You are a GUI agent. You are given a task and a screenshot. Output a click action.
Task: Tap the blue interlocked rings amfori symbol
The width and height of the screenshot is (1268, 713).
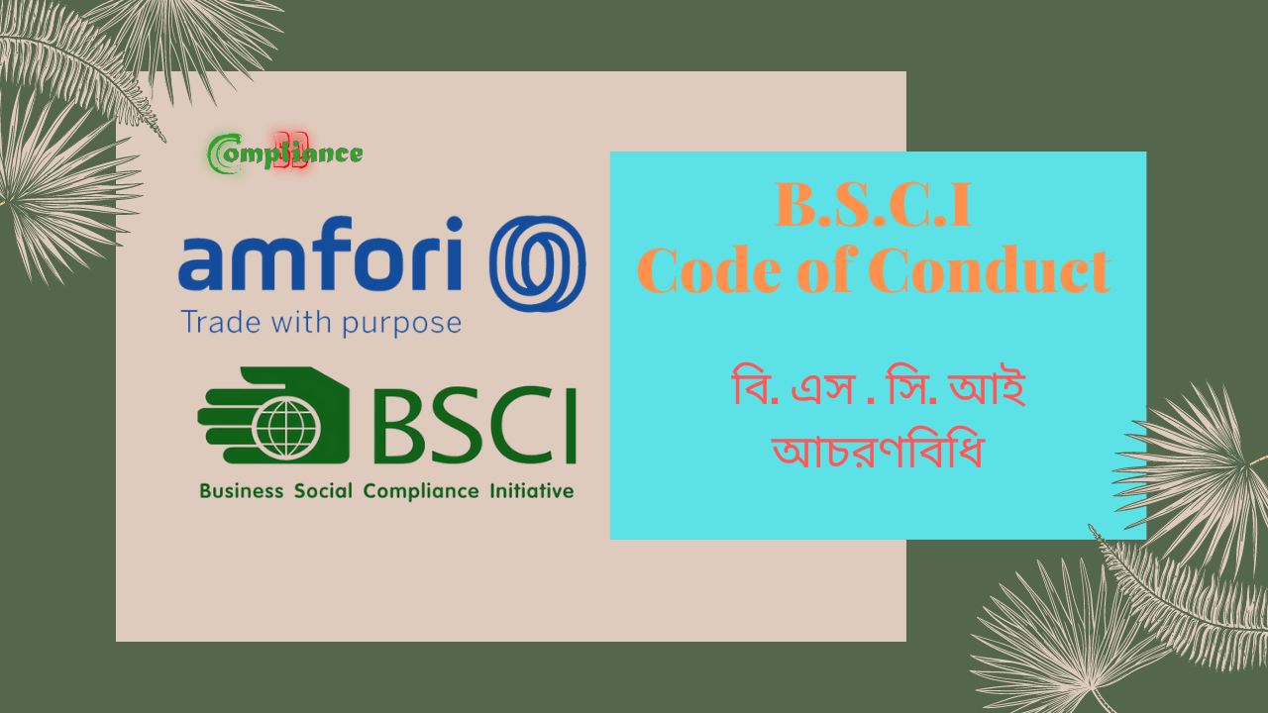(538, 263)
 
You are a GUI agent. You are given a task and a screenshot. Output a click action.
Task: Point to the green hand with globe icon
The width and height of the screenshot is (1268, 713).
(272, 416)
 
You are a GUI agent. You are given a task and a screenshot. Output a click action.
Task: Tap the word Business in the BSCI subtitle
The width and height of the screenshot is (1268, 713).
(241, 491)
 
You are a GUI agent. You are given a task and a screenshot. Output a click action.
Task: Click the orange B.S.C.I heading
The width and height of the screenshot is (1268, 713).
(873, 208)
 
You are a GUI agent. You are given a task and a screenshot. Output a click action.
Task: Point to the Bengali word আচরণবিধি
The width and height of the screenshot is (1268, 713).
(878, 453)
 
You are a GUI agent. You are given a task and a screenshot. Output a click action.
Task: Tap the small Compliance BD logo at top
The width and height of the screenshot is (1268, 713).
(285, 153)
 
